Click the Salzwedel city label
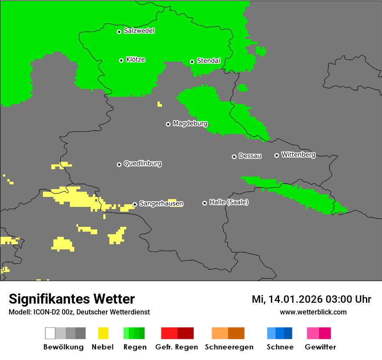[139, 31]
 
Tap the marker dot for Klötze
[121, 60]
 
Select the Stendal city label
[208, 61]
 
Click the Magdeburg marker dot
[168, 124]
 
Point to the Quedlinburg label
[142, 164]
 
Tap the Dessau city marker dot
[234, 157]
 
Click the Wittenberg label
[298, 154]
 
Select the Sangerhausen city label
[161, 203]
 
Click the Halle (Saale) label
[229, 202]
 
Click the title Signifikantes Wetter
[72, 299]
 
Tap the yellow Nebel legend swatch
[103, 333]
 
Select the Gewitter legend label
[320, 347]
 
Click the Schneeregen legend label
[229, 347]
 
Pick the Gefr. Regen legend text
[176, 347]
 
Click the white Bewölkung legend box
[50, 333]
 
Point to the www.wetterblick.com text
[313, 312]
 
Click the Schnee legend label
[280, 347]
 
